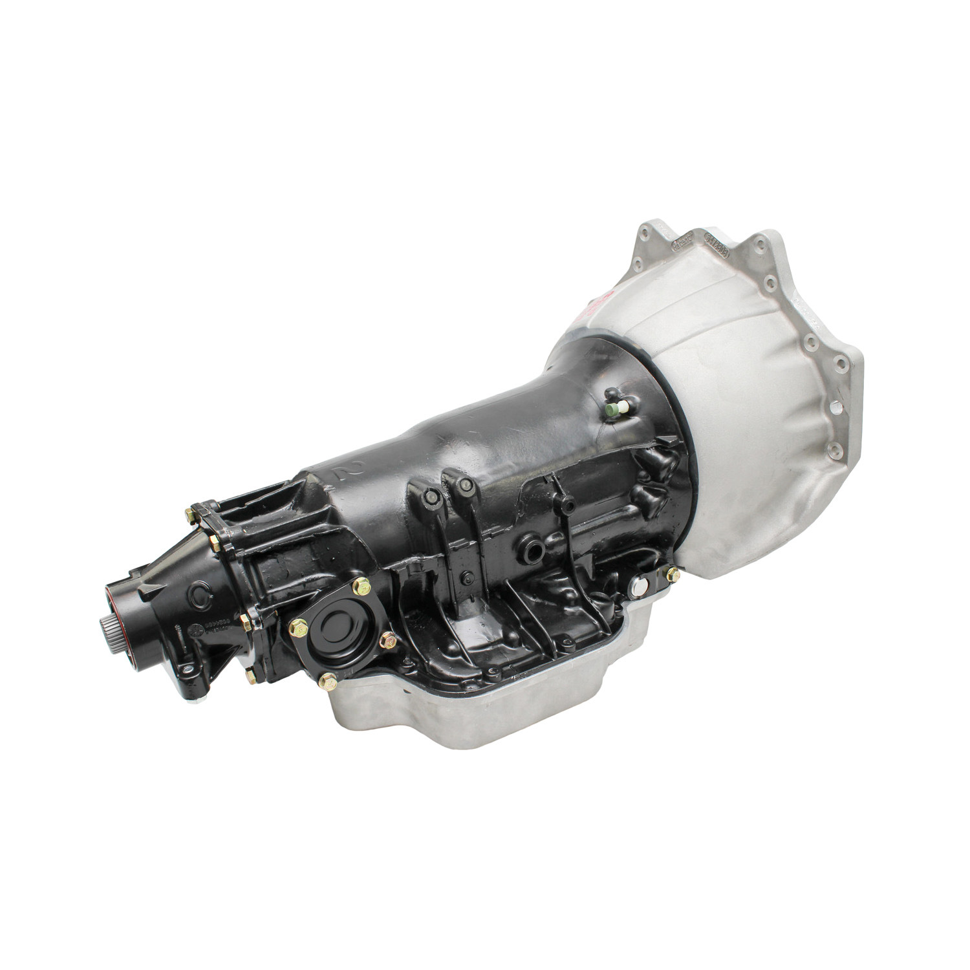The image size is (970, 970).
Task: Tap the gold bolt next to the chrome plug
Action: click(x=673, y=573)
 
